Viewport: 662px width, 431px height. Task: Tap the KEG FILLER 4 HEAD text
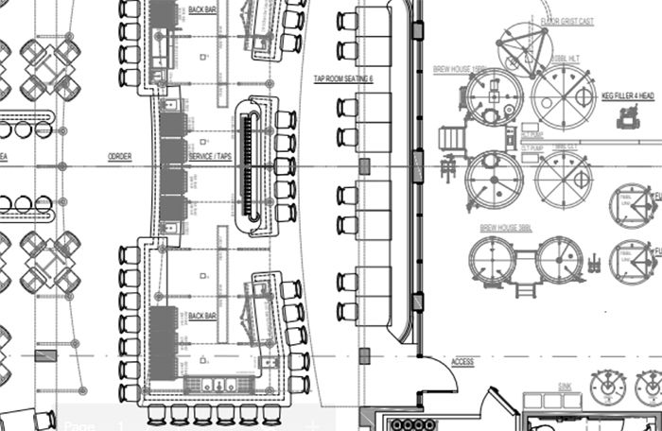[625, 95]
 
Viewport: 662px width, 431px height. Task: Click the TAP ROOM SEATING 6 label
[343, 80]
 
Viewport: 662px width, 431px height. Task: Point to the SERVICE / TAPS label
[212, 156]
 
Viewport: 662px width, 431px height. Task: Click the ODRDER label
[119, 156]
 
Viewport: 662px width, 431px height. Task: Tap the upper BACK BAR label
[201, 9]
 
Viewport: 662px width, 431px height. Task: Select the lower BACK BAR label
[201, 315]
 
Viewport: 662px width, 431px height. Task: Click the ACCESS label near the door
[462, 362]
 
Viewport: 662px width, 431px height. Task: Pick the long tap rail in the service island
[250, 164]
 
